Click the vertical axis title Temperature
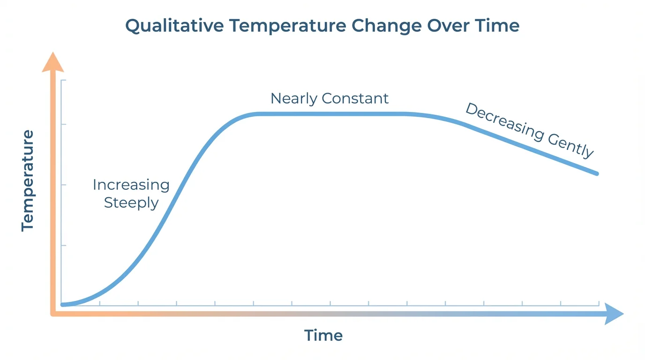click(x=28, y=180)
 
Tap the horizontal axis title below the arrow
click(x=323, y=336)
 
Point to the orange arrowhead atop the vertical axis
click(x=53, y=62)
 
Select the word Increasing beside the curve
click(x=131, y=185)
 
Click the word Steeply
click(x=131, y=203)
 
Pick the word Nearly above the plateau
click(x=293, y=98)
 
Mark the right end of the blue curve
click(x=596, y=173)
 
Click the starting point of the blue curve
click(x=63, y=305)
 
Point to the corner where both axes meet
click(x=53, y=313)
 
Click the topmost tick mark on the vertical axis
click(x=63, y=81)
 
